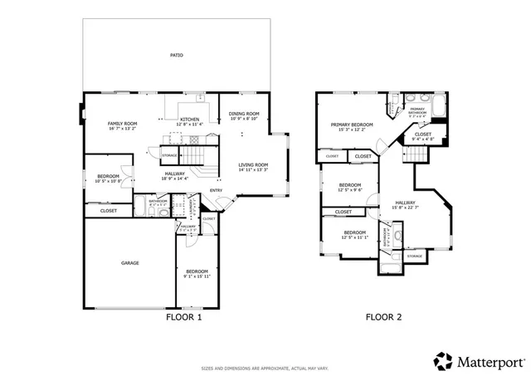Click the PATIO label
(x=177, y=56)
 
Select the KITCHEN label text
(x=190, y=120)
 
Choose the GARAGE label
(x=130, y=263)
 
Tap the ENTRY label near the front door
(x=216, y=190)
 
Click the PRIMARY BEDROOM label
(x=352, y=125)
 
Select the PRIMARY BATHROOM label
(x=417, y=110)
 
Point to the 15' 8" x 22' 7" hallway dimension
(x=406, y=208)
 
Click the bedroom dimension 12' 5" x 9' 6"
(x=350, y=190)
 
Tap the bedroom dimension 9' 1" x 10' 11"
(x=197, y=276)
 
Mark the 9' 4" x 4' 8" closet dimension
(x=422, y=139)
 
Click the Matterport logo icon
(x=444, y=361)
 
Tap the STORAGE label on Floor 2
(x=414, y=256)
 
